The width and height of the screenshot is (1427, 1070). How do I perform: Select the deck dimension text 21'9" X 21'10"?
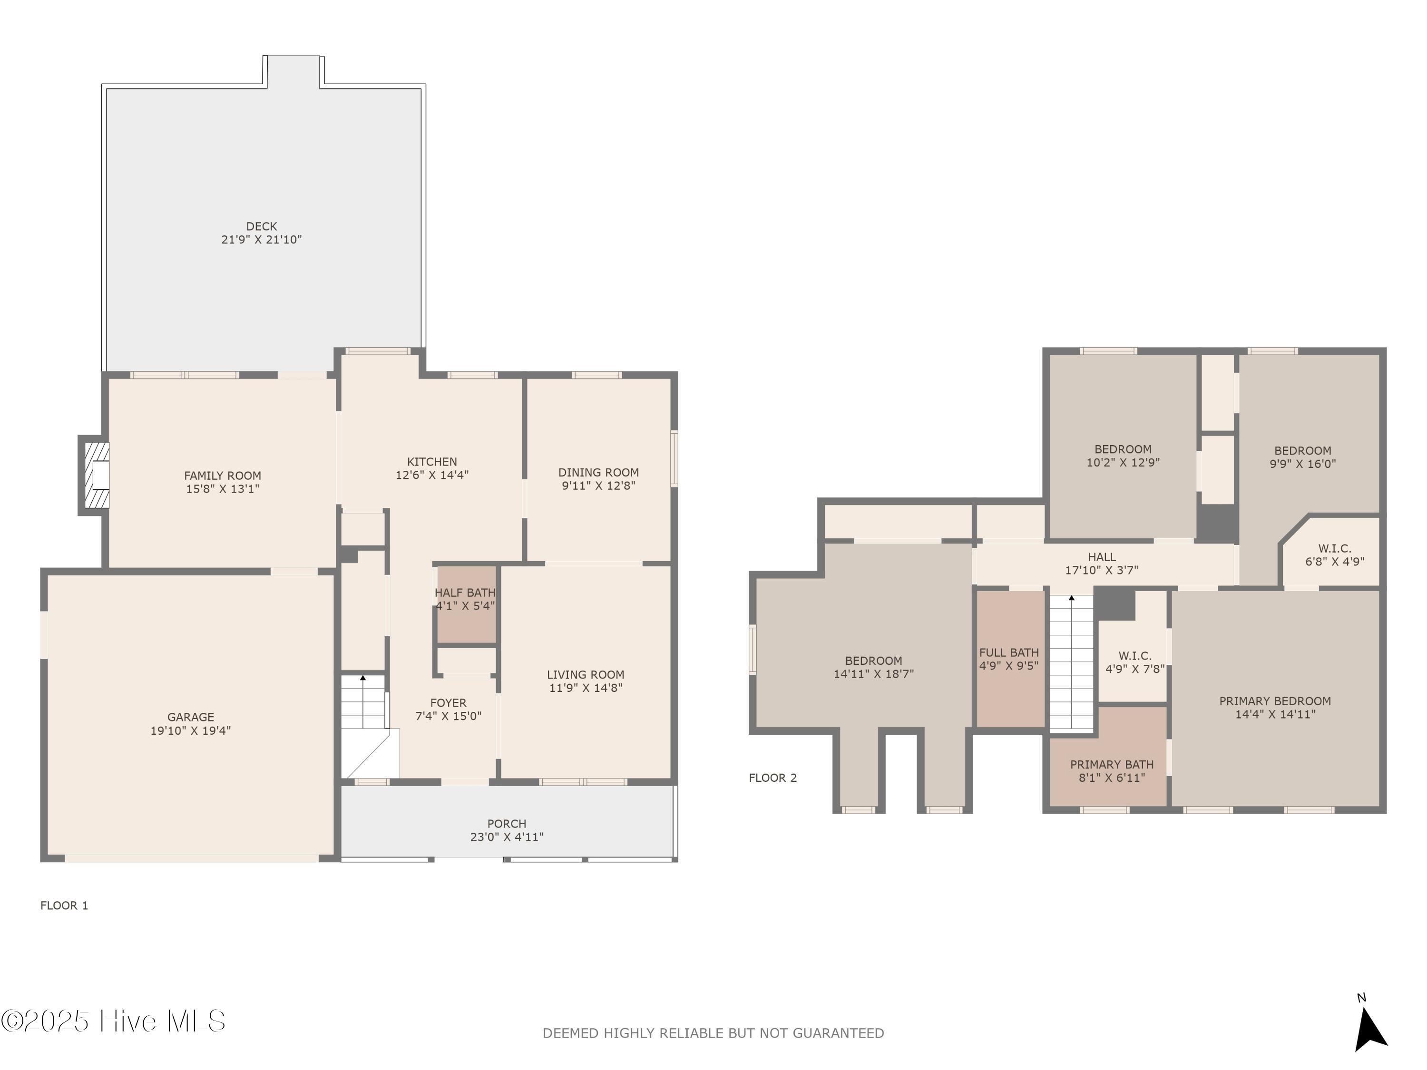pos(261,239)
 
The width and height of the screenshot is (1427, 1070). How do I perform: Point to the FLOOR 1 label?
pos(64,905)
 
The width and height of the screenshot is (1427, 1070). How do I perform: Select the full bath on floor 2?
pos(1008,659)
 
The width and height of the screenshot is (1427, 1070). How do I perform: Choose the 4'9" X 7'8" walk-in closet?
pos(1134,662)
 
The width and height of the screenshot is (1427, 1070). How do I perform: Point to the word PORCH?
pos(507,823)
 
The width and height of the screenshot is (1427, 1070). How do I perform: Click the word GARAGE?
pos(190,717)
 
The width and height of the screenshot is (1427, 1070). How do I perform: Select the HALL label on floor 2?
pos(1101,556)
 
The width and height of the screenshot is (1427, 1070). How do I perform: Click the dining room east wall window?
pos(674,458)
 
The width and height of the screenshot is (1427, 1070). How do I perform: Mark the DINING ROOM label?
pos(598,472)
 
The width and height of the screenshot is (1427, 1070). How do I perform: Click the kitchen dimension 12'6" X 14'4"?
pos(431,475)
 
